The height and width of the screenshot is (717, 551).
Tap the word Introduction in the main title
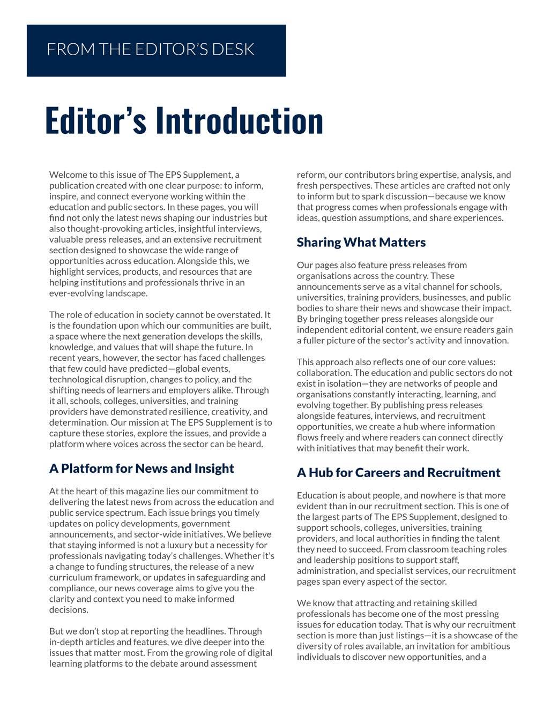pyautogui.click(x=240, y=120)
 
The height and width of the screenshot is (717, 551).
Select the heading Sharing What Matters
pyautogui.click(x=361, y=243)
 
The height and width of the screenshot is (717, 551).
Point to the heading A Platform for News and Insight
pyautogui.click(x=142, y=469)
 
